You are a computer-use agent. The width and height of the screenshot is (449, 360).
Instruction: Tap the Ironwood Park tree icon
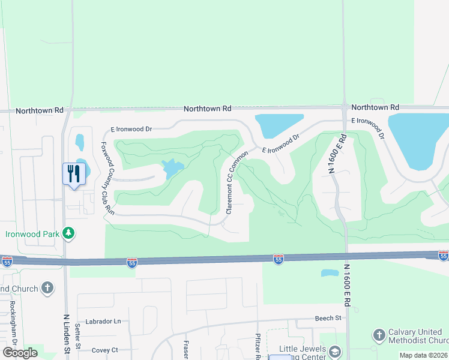70,232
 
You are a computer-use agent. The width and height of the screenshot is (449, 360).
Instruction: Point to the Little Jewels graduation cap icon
334,351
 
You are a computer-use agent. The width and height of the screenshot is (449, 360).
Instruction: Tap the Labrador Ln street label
103,322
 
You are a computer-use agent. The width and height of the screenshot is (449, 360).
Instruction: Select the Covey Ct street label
105,350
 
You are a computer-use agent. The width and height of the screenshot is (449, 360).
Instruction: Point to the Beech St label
328,318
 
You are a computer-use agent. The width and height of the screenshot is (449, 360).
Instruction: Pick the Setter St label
78,337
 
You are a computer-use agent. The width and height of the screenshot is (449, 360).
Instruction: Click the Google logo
20,353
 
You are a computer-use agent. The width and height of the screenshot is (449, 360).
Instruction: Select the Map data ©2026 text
424,355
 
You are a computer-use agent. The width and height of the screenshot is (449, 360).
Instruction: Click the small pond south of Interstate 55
330,273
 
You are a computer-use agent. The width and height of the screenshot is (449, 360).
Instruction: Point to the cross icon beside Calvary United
379,334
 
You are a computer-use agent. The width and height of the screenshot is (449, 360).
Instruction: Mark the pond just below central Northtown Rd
279,125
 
